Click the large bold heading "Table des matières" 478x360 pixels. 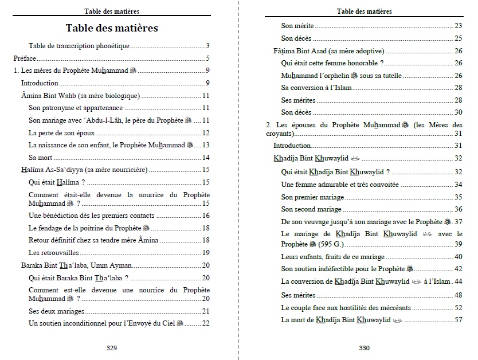coord(111,28)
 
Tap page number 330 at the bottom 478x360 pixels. coord(364,348)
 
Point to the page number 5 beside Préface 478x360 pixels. coord(208,58)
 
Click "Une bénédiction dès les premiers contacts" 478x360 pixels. coord(91,216)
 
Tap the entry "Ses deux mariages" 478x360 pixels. coord(56,311)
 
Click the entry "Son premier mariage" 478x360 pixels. coord(312,197)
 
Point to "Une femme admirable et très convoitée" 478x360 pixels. coord(340,185)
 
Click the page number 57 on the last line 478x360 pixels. coord(458,319)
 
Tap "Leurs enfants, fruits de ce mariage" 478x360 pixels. coord(333,257)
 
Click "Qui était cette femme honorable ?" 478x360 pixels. coord(332,63)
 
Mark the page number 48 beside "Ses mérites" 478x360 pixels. coord(458,295)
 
